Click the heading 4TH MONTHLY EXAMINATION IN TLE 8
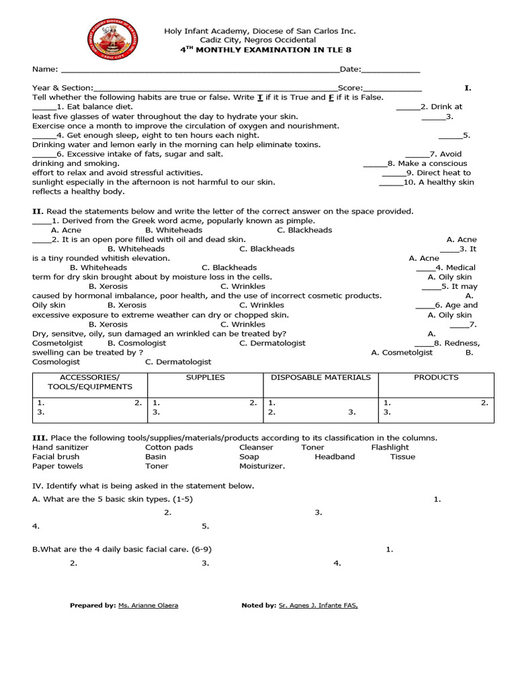pyautogui.click(x=259, y=50)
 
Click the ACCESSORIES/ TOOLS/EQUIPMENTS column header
pyautogui.click(x=90, y=382)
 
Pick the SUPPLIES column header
pyautogui.click(x=205, y=378)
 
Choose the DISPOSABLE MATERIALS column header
pyautogui.click(x=320, y=378)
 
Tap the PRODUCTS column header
pyautogui.click(x=436, y=378)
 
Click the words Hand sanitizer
pyautogui.click(x=60, y=447)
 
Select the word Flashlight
pyautogui.click(x=390, y=447)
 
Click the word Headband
pyautogui.click(x=335, y=457)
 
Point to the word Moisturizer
pyautogui.click(x=262, y=466)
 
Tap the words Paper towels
pyautogui.click(x=58, y=466)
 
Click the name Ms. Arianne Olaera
pyautogui.click(x=148, y=605)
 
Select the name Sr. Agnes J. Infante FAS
pyautogui.click(x=318, y=605)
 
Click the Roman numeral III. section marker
pyautogui.click(x=39, y=437)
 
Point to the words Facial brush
pyautogui.click(x=56, y=457)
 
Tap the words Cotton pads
pyautogui.click(x=169, y=447)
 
